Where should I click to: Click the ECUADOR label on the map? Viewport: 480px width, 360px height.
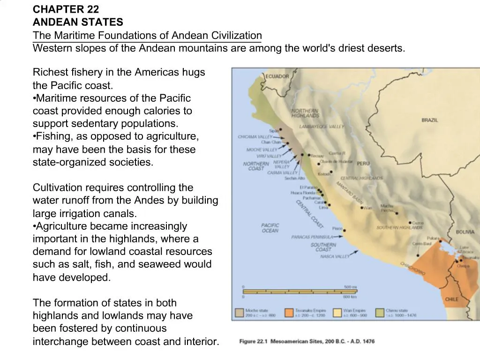point(277,76)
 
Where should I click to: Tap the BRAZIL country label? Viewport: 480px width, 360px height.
point(429,120)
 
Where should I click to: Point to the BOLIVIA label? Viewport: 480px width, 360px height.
point(465,232)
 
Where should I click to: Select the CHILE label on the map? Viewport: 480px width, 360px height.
point(452,299)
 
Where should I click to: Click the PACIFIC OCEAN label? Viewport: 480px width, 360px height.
point(270,228)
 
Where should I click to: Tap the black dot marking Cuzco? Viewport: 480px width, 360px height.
point(410,223)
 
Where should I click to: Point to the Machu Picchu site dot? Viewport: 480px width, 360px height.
point(397,213)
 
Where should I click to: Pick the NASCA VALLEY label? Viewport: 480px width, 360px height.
point(335,256)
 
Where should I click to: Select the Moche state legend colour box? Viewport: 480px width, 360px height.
point(239,313)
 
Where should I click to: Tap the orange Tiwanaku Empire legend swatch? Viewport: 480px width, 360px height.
point(288,313)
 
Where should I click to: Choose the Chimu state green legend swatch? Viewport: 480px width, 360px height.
point(379,313)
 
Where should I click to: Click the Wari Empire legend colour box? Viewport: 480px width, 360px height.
point(337,313)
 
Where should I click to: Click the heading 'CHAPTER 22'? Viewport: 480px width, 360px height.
point(66,9)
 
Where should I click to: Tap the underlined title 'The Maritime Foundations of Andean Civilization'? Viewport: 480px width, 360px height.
point(147,35)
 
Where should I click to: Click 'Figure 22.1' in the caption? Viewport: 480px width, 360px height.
point(253,341)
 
